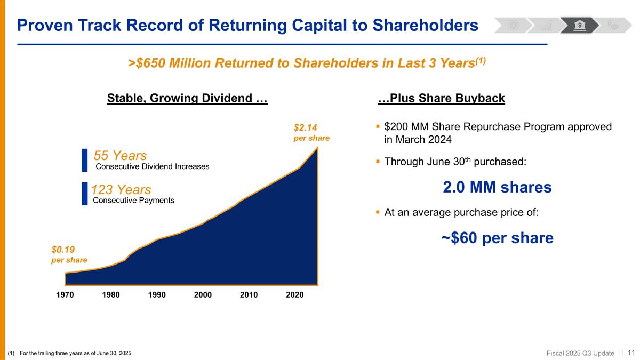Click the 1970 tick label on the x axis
65,295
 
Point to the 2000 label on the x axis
203,295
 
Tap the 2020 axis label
294,295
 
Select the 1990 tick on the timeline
157,295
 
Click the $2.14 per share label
311,132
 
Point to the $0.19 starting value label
69,254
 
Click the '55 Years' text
120,156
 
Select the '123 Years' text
121,189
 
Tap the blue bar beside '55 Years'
84,160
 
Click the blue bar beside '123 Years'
84,194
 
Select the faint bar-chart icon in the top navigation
547,25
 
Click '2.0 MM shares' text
497,187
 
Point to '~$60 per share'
497,238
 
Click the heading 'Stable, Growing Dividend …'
187,98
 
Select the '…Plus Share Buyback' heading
441,98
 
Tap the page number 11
631,353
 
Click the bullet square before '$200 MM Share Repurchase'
378,127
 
